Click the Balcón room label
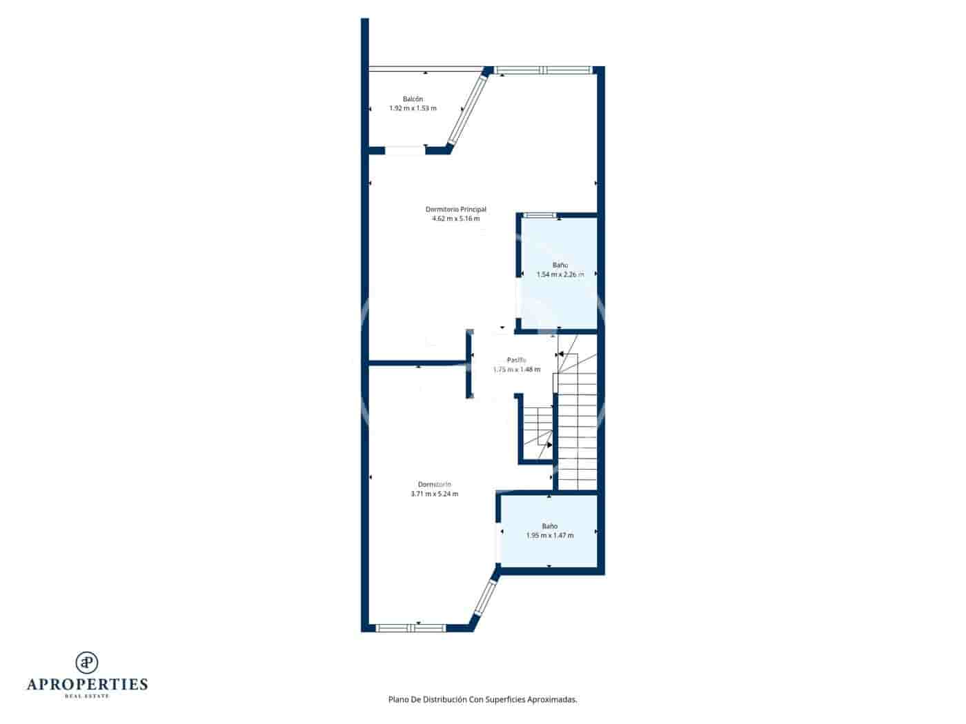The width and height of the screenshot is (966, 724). point(413,99)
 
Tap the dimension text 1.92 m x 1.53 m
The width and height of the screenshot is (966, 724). point(413,108)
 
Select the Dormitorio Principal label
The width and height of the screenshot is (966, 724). point(455,209)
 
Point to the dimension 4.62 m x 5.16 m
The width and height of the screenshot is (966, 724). point(455,219)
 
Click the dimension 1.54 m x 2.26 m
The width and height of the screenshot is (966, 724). point(560,274)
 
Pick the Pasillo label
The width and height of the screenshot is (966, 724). point(517,360)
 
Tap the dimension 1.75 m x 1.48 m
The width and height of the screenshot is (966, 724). point(517,370)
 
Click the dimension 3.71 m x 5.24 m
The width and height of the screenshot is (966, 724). point(434,494)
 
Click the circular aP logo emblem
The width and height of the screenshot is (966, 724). point(87,663)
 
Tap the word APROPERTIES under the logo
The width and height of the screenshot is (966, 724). point(87,684)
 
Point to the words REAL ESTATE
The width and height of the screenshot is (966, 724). point(87,696)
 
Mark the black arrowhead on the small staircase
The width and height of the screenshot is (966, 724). point(549,445)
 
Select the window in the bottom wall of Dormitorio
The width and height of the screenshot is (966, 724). point(411,628)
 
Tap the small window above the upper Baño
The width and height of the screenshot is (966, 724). point(538,216)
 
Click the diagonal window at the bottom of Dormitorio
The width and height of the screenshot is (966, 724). point(484,598)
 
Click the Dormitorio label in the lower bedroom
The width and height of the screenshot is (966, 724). point(434,484)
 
